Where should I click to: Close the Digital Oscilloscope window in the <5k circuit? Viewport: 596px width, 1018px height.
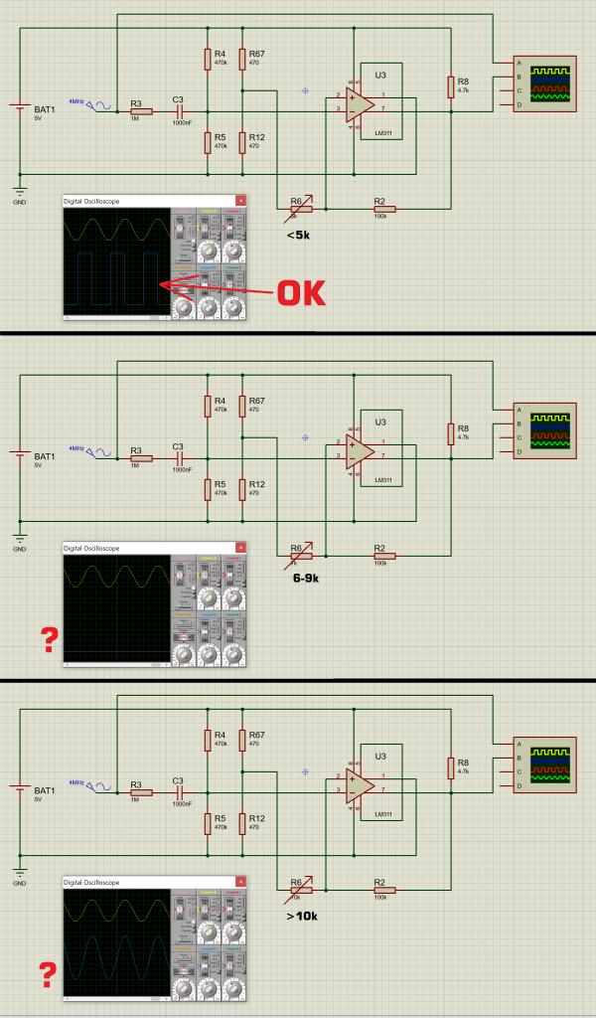pos(239,201)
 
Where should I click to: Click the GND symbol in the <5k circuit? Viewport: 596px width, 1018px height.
pos(20,191)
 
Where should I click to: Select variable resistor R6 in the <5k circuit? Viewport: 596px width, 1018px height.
pos(296,209)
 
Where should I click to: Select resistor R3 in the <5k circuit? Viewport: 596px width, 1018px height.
pos(140,112)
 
